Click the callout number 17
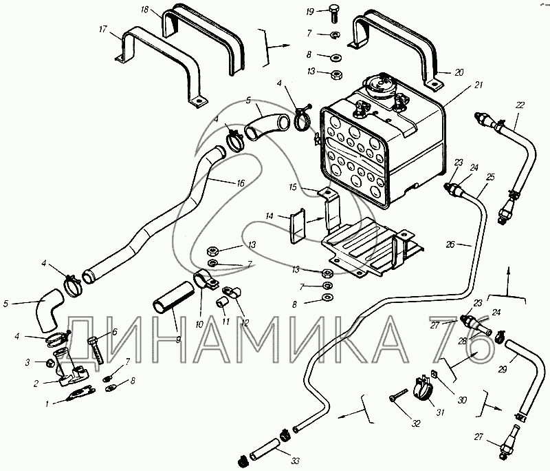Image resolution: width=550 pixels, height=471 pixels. click(x=103, y=29)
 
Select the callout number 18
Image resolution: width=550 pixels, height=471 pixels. click(x=144, y=10)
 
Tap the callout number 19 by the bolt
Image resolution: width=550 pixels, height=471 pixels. click(x=310, y=12)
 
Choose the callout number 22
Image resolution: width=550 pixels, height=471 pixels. click(x=519, y=105)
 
